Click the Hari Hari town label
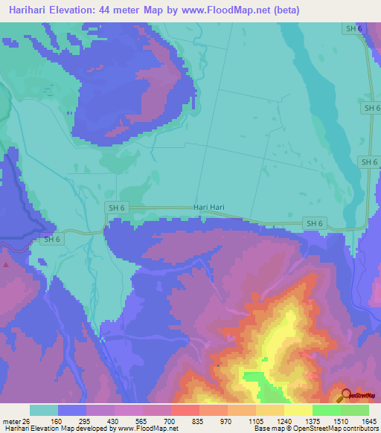208,208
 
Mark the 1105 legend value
255,421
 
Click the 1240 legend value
284,421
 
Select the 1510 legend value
340,421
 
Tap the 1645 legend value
368,421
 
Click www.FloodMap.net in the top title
225,10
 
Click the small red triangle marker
6,263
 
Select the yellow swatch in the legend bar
298,410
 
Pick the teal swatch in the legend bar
44,410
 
